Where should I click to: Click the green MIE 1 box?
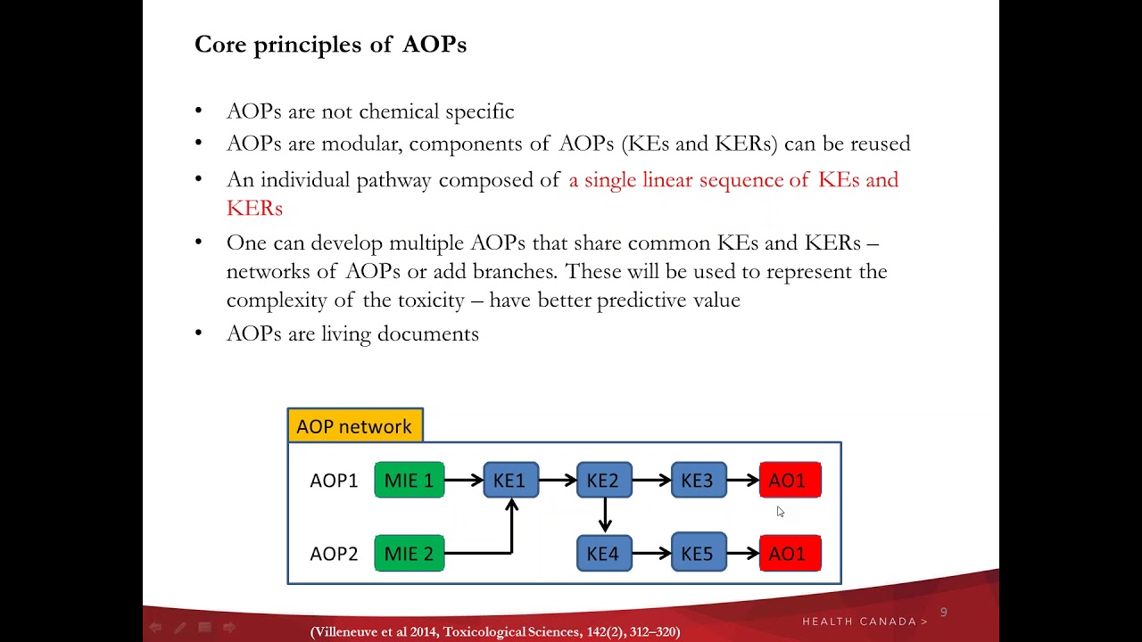point(409,481)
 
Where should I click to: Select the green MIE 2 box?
point(409,554)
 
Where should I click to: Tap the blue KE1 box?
point(510,481)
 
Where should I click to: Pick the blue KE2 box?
point(604,481)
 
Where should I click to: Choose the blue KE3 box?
point(698,481)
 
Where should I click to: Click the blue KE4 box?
point(604,554)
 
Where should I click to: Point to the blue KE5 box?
point(698,554)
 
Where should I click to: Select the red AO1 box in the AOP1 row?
point(790,481)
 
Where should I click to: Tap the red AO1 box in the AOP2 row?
point(790,554)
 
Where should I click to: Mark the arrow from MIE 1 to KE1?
point(463,481)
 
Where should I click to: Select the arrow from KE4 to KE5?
point(651,554)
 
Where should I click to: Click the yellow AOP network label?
point(354,426)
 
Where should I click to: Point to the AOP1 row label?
point(334,481)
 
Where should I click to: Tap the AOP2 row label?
point(334,554)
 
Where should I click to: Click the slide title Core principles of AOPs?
point(330,45)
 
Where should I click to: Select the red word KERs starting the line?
point(254,208)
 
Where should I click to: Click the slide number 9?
point(943,613)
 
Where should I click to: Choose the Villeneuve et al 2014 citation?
point(495,631)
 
